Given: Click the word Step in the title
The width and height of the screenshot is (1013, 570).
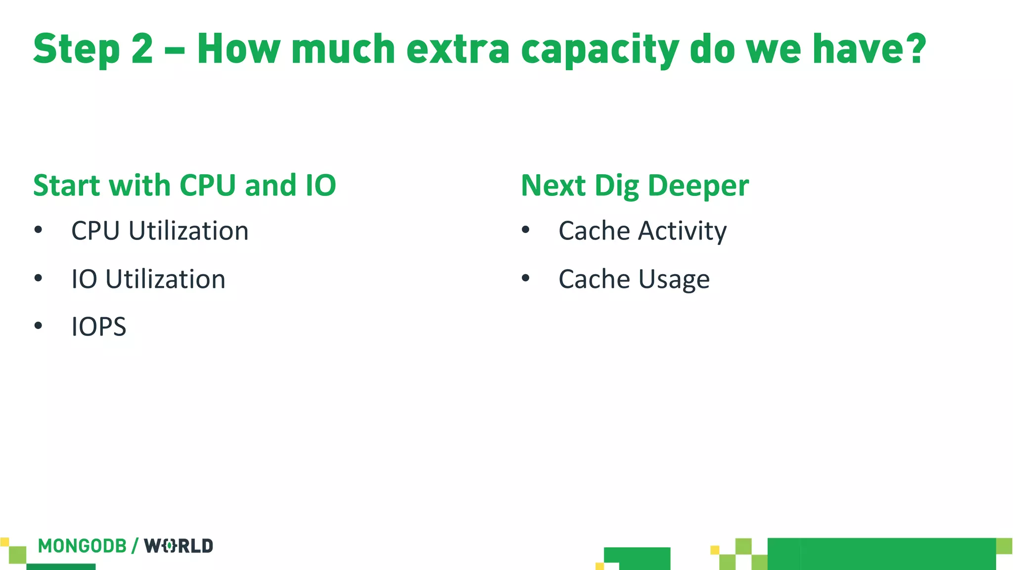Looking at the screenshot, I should point(77,49).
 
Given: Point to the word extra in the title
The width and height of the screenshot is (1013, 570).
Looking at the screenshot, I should point(458,49).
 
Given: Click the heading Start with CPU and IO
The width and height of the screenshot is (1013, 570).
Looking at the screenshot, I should point(184,185).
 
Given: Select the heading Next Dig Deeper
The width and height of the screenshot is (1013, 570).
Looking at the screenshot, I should point(635,186).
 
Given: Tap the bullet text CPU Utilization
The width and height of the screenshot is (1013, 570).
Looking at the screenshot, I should point(160,231).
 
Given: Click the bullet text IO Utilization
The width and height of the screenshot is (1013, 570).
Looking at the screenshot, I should point(148,279).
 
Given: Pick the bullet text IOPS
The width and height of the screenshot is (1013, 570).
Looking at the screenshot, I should point(99,327).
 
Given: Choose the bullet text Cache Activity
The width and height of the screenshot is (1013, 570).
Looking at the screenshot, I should point(643,231).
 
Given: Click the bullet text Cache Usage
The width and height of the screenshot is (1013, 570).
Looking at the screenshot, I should point(634,279).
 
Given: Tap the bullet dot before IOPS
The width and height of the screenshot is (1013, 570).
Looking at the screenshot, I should point(39,326).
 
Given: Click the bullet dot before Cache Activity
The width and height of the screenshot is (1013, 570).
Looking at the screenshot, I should point(525,230).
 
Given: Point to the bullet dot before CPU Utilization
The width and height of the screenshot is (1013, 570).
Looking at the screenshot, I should point(39,230).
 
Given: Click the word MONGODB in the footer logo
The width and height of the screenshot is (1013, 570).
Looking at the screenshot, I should point(83,546).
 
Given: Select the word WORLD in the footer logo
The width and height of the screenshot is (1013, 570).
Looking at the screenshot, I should point(179,546).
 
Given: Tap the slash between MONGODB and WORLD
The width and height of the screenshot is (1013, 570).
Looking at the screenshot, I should point(135,546).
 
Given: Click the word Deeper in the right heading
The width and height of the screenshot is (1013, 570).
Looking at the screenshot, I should point(698,186).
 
